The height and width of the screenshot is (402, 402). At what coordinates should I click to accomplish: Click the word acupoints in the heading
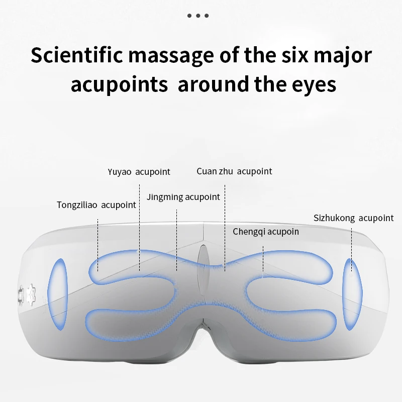click(x=119, y=84)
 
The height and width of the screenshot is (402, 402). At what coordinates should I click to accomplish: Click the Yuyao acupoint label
click(x=139, y=172)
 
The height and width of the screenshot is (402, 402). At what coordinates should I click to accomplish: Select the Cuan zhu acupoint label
click(x=234, y=171)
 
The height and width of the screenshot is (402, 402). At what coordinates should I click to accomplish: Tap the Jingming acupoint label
click(x=183, y=197)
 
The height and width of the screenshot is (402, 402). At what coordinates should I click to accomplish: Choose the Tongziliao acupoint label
click(x=96, y=205)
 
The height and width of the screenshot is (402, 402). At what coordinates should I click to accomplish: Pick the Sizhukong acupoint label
click(x=353, y=218)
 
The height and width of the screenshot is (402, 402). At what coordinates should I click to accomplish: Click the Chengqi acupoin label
click(x=266, y=232)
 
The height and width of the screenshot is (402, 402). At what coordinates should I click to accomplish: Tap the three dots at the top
click(x=198, y=16)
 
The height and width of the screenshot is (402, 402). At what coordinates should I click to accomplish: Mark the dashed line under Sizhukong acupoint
click(x=351, y=246)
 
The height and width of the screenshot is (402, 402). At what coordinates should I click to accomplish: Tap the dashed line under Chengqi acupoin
click(x=263, y=254)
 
